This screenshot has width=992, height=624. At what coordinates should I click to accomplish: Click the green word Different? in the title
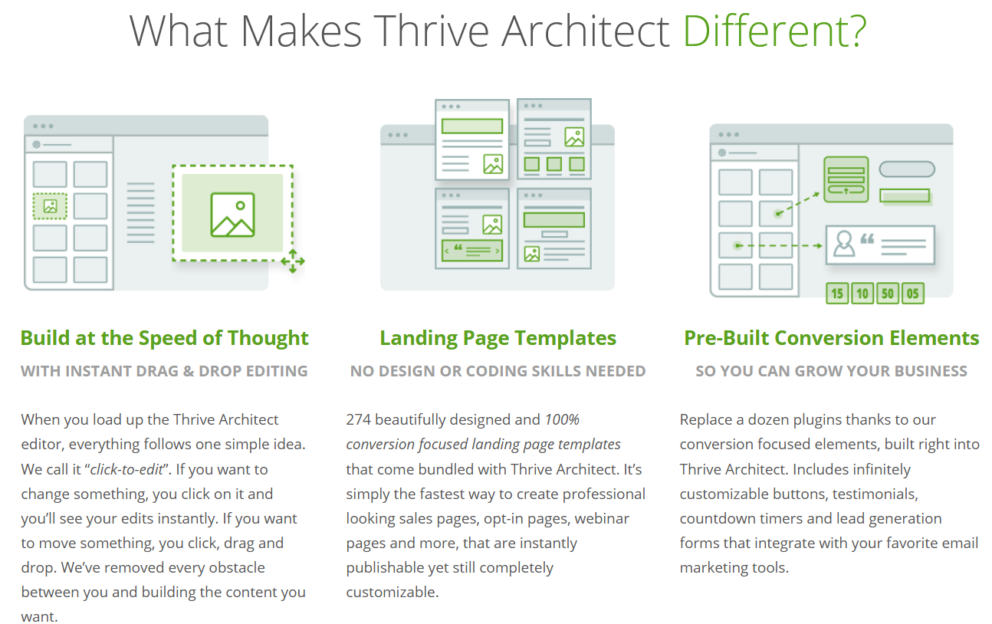point(774,31)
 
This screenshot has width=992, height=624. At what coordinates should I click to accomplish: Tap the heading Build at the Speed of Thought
point(164,338)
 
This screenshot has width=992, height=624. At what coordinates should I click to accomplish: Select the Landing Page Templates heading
point(498,338)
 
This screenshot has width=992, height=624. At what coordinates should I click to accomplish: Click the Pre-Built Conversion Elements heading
point(831,338)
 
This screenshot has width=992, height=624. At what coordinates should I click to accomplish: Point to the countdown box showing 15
point(837,294)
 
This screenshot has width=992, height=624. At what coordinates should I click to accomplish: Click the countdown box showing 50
point(888,294)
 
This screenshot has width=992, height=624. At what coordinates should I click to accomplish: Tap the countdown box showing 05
point(913,294)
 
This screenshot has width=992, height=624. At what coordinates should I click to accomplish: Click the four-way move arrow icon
point(293,261)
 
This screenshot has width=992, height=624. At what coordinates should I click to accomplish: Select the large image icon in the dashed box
point(232,215)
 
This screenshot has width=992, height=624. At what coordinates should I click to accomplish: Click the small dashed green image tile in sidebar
point(50,206)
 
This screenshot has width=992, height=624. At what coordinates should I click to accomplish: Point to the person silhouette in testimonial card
point(844,243)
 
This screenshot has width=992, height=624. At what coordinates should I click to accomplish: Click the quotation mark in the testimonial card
point(867,239)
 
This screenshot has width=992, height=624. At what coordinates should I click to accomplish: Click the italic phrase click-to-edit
point(126,469)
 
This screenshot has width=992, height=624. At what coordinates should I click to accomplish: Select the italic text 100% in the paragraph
point(562,419)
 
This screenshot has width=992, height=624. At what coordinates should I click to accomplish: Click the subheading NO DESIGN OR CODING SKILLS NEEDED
point(498,371)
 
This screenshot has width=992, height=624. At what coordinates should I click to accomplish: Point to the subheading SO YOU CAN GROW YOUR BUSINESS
point(831,371)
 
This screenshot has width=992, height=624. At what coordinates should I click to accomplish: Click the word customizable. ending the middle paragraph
point(393,592)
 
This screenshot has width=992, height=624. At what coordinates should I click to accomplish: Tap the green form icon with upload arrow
point(846,179)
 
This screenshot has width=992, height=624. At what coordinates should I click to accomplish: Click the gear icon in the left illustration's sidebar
point(37,144)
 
